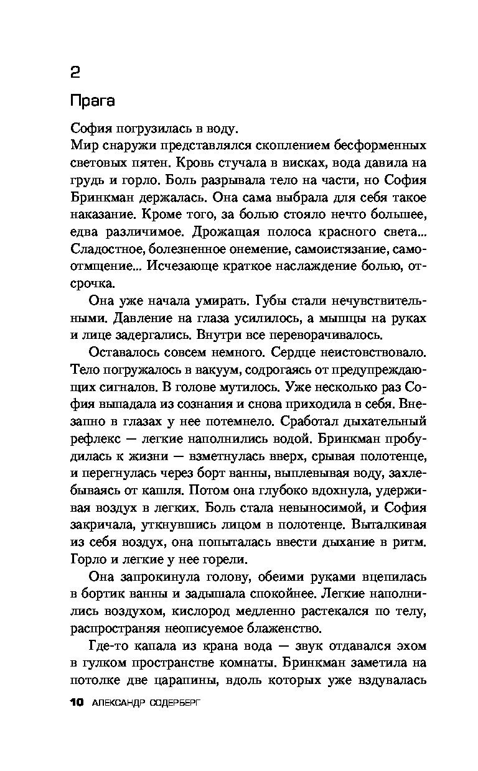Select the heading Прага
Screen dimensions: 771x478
click(x=93, y=100)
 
